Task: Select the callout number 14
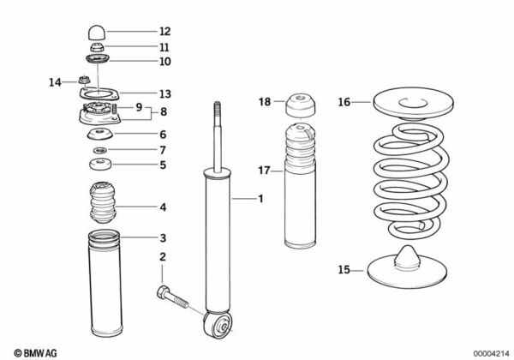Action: click(x=55, y=82)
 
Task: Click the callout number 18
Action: click(x=265, y=102)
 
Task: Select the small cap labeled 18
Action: click(x=302, y=106)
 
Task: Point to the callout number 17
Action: click(x=265, y=171)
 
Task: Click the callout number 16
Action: click(x=344, y=102)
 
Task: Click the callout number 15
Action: click(x=344, y=270)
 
